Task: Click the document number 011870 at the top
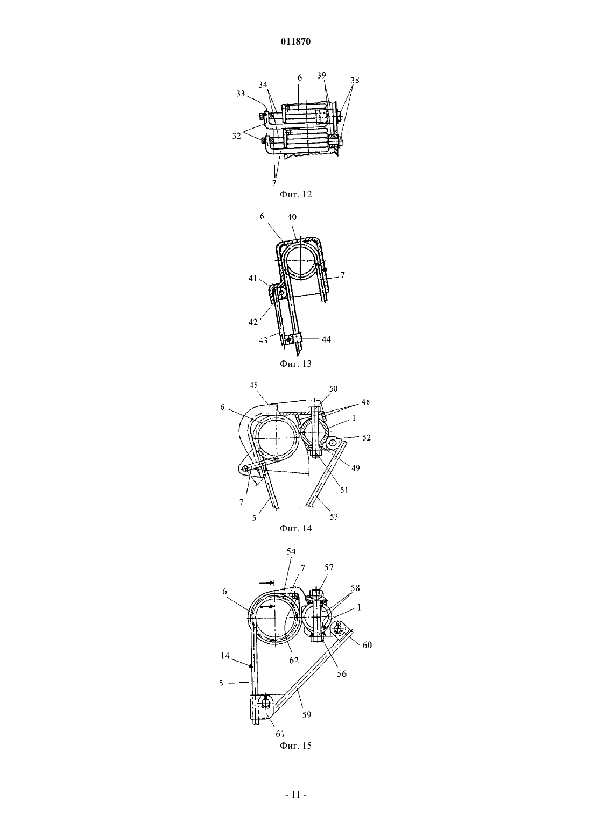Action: pos(295,42)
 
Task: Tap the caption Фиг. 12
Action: pos(295,194)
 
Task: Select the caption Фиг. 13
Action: pos(295,364)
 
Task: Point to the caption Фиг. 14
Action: pos(295,528)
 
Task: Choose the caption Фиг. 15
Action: pos(295,746)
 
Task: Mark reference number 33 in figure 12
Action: pos(241,94)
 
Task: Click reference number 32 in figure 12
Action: pos(237,136)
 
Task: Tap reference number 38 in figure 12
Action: pos(355,80)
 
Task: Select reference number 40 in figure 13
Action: pos(292,217)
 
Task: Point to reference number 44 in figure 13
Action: pos(326,339)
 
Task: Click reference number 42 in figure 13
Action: pos(253,322)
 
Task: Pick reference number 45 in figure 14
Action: pos(254,385)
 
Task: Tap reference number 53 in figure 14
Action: pos(333,516)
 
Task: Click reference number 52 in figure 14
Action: pos(367,437)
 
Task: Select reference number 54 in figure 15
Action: pos(291,551)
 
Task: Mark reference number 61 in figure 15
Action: pos(280,734)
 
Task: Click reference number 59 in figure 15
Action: pos(306,714)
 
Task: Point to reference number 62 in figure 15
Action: pos(294,660)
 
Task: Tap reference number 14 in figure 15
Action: pos(225,655)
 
